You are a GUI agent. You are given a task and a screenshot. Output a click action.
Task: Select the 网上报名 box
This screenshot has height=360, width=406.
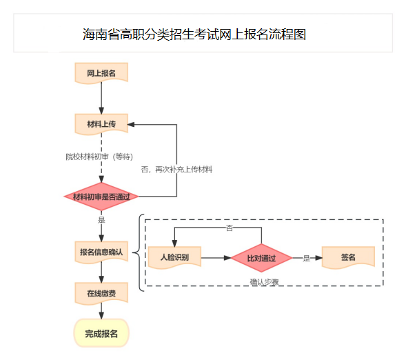pos(101,72)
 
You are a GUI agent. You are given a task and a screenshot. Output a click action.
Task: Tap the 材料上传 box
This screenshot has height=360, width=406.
pos(101,124)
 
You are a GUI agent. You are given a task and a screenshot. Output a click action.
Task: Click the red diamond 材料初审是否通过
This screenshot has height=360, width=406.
pos(101,197)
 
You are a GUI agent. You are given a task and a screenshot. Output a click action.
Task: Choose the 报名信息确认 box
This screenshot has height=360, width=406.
pos(101,252)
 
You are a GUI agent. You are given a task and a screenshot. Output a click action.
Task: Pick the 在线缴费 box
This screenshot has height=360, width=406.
pos(101,293)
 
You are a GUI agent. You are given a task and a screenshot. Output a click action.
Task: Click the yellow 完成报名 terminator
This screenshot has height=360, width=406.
pos(101,333)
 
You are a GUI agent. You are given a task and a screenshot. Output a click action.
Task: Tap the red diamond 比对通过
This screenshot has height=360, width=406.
pos(261,259)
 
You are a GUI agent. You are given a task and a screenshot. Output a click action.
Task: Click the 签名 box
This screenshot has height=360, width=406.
pos(348,257)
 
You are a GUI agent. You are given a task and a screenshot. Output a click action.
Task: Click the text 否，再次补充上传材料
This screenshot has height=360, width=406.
pos(176,169)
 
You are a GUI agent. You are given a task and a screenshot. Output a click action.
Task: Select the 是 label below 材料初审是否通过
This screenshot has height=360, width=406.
pos(101,220)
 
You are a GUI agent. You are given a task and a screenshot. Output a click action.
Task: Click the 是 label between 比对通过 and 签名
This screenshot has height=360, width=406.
pos(307,259)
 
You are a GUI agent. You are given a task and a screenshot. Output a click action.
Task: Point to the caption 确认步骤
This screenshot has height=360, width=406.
pos(264,281)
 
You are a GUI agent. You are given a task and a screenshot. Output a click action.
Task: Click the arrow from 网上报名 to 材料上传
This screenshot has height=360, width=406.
pos(101,99)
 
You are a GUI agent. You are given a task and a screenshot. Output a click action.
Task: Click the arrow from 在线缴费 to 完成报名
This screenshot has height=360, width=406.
pos(101,312)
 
